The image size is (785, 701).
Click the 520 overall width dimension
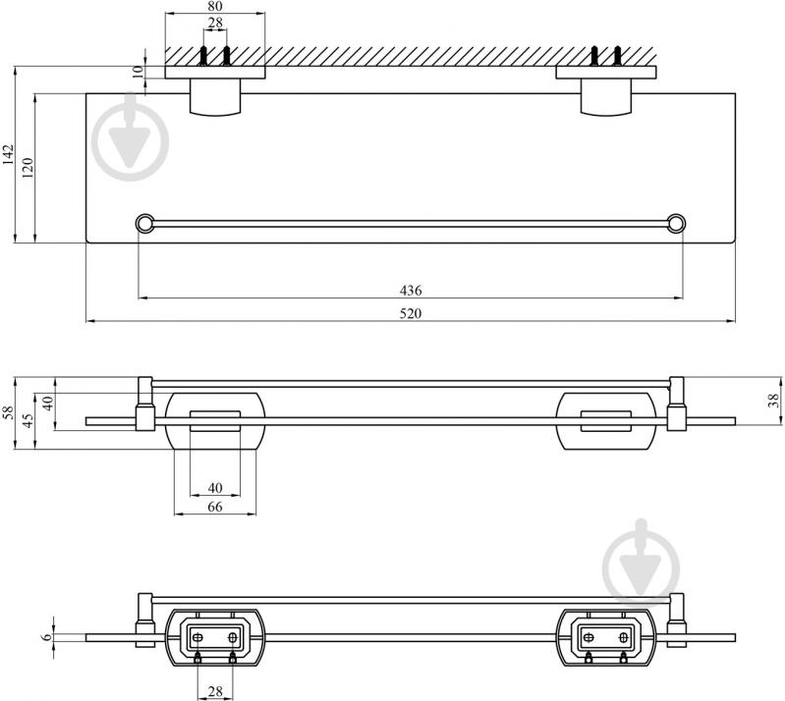pos(411,314)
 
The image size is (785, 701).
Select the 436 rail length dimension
pos(411,291)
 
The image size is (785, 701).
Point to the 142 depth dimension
pos(8,154)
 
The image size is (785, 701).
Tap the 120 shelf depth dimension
pos(28,168)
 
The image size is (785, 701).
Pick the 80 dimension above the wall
pos(215,7)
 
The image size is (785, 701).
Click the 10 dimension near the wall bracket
pos(139,73)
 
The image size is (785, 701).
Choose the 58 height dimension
pos(9,412)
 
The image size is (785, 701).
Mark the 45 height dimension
pos(28,420)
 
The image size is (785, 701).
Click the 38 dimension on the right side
pos(774,401)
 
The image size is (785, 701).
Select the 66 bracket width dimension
pos(215,507)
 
